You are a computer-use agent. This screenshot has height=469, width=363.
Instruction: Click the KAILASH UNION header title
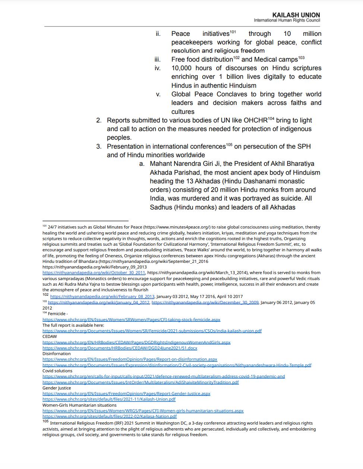click(x=296, y=15)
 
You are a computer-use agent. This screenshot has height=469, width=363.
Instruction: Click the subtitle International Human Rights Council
click(x=287, y=20)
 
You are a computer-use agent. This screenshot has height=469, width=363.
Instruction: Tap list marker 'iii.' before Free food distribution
click(x=158, y=59)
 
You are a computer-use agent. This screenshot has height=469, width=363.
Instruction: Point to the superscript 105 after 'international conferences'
click(x=229, y=145)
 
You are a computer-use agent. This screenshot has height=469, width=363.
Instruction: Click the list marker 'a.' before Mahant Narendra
click(x=142, y=164)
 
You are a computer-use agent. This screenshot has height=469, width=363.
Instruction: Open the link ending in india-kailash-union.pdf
click(x=152, y=331)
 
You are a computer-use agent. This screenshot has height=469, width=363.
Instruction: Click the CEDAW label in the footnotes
click(x=50, y=336)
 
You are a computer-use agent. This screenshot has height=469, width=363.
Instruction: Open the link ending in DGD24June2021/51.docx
click(x=120, y=348)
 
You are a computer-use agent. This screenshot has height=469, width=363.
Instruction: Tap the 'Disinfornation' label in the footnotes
click(x=56, y=354)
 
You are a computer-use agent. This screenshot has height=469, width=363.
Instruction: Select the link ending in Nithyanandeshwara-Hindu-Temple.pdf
click(x=177, y=365)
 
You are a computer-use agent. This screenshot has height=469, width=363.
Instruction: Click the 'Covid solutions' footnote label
click(x=57, y=371)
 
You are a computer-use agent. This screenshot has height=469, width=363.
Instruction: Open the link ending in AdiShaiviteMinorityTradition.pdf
click(x=141, y=382)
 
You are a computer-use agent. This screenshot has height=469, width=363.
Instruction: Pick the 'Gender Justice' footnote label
click(x=56, y=388)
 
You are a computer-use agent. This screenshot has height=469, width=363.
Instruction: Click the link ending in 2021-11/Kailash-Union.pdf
click(x=109, y=399)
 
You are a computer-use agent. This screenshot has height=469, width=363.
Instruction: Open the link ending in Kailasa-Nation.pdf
click(x=110, y=416)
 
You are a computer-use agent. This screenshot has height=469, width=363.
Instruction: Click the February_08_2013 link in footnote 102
click(x=102, y=296)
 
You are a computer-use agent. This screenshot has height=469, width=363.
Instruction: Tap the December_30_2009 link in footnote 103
click(x=205, y=302)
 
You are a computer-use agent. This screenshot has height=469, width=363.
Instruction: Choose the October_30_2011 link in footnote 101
click(x=94, y=273)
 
